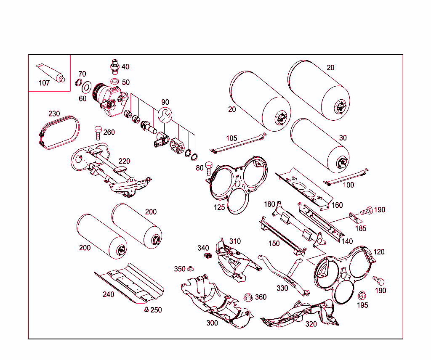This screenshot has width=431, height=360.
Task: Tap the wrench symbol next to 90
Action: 165,114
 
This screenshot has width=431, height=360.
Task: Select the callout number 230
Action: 54,114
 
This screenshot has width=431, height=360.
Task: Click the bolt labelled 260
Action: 98,132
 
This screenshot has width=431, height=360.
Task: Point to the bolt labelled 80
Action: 209,168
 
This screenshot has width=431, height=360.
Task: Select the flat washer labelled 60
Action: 87,87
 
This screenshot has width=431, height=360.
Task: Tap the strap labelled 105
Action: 238,144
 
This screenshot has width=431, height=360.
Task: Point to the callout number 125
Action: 219,207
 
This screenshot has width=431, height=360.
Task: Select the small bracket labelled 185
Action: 357,219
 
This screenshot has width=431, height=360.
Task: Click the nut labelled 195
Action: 362,295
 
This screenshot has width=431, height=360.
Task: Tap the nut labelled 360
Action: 248,297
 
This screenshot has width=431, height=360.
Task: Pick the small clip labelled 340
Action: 206,256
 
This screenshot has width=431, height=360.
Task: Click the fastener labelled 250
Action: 146,310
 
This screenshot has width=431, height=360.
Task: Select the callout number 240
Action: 108,294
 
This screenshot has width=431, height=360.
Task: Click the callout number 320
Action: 311,324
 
